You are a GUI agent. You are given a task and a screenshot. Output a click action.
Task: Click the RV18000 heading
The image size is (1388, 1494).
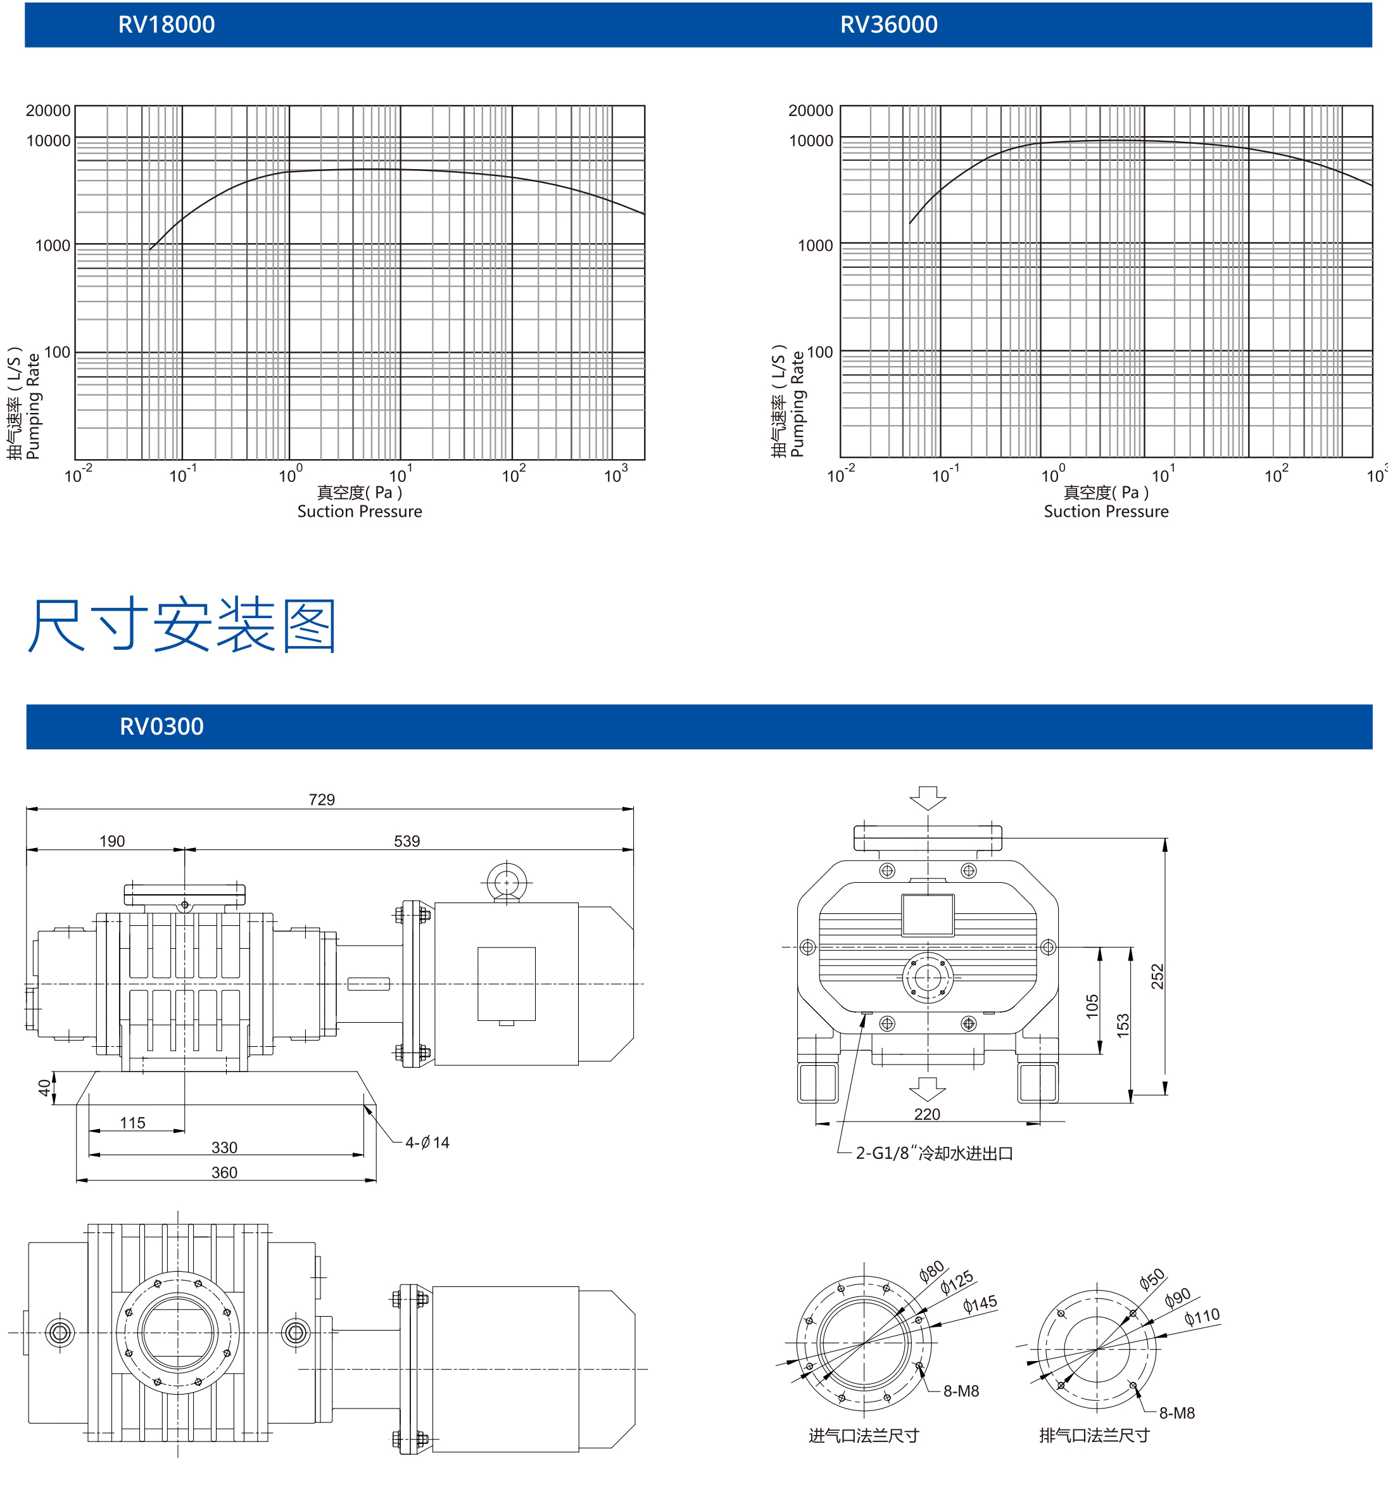(x=166, y=25)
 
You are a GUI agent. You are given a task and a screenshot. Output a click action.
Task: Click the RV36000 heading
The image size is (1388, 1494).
(x=888, y=25)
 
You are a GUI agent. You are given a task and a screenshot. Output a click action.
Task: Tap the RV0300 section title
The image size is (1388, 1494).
(x=161, y=726)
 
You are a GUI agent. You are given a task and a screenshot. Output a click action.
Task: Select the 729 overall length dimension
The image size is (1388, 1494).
(x=322, y=800)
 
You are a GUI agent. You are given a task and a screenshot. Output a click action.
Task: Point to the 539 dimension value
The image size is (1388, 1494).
(x=407, y=841)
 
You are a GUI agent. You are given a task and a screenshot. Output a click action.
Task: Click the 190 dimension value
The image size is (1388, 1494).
(x=112, y=841)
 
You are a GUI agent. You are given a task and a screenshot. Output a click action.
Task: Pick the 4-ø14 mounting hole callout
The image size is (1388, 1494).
(x=427, y=1143)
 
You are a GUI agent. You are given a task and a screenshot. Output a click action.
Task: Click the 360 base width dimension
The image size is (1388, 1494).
(x=224, y=1172)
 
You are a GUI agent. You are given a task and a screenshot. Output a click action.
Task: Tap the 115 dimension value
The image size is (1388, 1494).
(x=132, y=1123)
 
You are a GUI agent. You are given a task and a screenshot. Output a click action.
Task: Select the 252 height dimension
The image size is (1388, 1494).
(x=1158, y=977)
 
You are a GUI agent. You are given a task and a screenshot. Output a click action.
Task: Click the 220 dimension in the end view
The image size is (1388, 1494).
(x=927, y=1114)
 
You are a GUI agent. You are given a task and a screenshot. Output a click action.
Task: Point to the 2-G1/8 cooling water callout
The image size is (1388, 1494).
(x=935, y=1153)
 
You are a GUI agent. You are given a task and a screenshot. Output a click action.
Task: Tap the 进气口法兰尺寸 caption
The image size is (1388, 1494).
(x=864, y=1435)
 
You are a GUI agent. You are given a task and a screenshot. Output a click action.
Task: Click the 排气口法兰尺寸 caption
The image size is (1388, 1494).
(x=1094, y=1435)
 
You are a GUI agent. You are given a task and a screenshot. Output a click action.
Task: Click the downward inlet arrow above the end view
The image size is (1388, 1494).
(x=928, y=798)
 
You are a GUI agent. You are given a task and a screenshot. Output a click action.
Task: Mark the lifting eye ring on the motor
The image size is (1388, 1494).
(x=507, y=882)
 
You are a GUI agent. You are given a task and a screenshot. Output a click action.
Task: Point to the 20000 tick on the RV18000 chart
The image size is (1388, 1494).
(x=48, y=110)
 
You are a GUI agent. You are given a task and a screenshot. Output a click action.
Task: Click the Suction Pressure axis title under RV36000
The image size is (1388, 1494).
(x=1106, y=512)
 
